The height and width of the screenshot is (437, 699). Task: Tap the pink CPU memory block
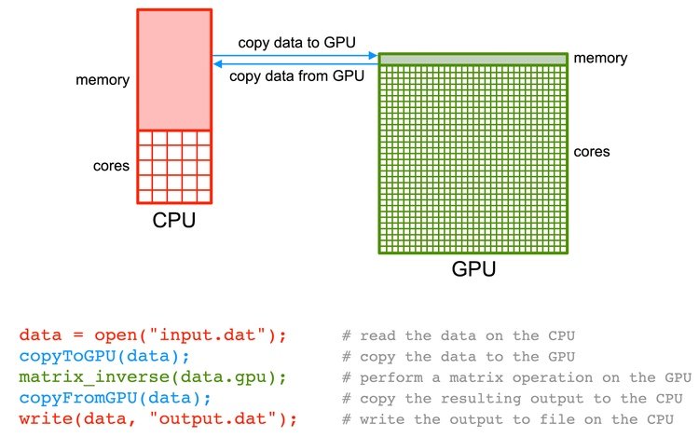[174, 70]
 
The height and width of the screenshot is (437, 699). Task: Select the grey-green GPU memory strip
[473, 59]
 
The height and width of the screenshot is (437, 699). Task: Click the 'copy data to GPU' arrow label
[295, 43]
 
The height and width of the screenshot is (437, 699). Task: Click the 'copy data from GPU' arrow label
[295, 76]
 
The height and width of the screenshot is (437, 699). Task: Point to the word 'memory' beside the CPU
[102, 80]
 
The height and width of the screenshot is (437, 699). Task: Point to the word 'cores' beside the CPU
[110, 167]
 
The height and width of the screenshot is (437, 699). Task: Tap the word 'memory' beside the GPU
[601, 59]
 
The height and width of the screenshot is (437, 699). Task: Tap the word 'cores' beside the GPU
[592, 151]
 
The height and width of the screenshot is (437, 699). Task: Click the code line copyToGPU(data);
[89, 356]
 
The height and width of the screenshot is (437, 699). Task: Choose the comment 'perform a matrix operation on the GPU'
[517, 377]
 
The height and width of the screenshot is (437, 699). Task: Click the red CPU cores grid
[174, 166]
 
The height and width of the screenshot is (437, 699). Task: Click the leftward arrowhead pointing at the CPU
[217, 63]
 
